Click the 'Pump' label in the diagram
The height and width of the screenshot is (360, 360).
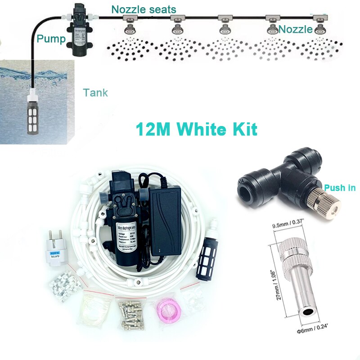point(51,38)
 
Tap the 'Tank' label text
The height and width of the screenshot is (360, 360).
point(95,93)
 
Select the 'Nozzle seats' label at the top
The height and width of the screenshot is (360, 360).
point(144,9)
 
